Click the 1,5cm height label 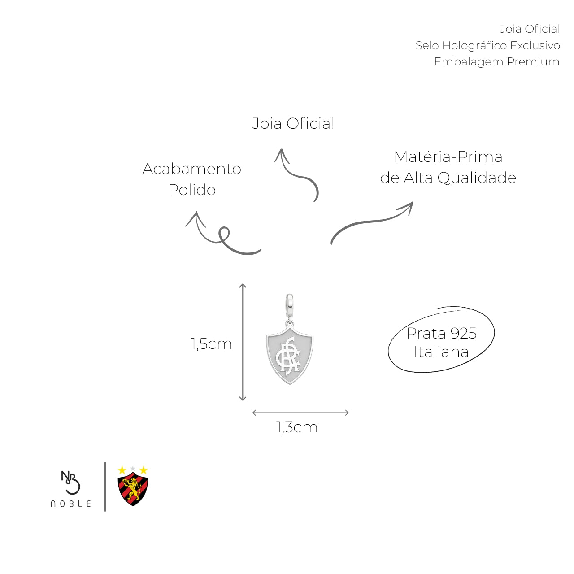pyautogui.click(x=211, y=344)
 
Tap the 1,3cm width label pyautogui.click(x=297, y=427)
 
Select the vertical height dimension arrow pyautogui.click(x=243, y=342)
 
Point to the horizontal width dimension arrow pyautogui.click(x=300, y=413)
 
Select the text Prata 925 pyautogui.click(x=441, y=333)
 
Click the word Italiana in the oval pyautogui.click(x=441, y=352)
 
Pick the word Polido pyautogui.click(x=192, y=190)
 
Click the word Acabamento pyautogui.click(x=192, y=169)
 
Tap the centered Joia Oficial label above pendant pyautogui.click(x=293, y=123)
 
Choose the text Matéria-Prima pyautogui.click(x=448, y=157)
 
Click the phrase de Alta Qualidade pyautogui.click(x=448, y=178)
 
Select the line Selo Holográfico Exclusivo pyautogui.click(x=487, y=46)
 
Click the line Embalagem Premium pyautogui.click(x=496, y=61)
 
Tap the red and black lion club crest pyautogui.click(x=133, y=486)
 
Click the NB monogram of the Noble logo pyautogui.click(x=70, y=482)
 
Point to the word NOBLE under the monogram pyautogui.click(x=70, y=504)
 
